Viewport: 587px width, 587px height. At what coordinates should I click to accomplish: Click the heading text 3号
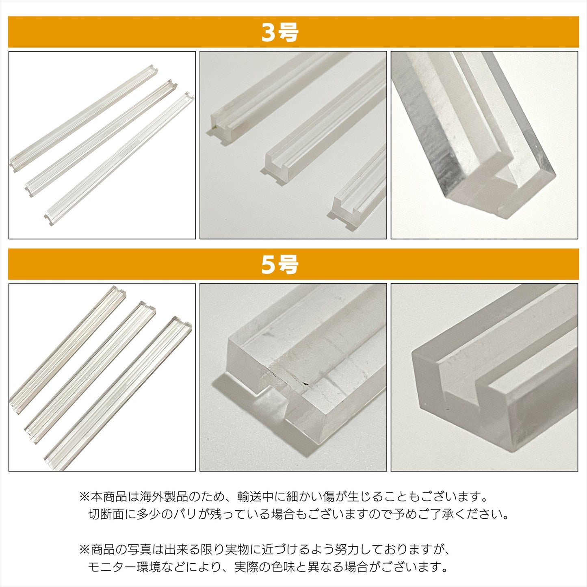pyautogui.click(x=279, y=32)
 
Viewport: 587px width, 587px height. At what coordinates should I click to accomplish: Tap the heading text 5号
pyautogui.click(x=279, y=264)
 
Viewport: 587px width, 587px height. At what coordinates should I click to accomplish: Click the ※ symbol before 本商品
pyautogui.click(x=84, y=497)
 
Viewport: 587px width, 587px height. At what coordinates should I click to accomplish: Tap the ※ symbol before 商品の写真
pyautogui.click(x=84, y=550)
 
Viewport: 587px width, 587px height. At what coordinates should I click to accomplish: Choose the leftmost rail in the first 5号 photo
pyautogui.click(x=67, y=350)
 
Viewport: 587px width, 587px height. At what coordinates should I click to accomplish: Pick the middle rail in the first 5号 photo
pyautogui.click(x=90, y=372)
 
